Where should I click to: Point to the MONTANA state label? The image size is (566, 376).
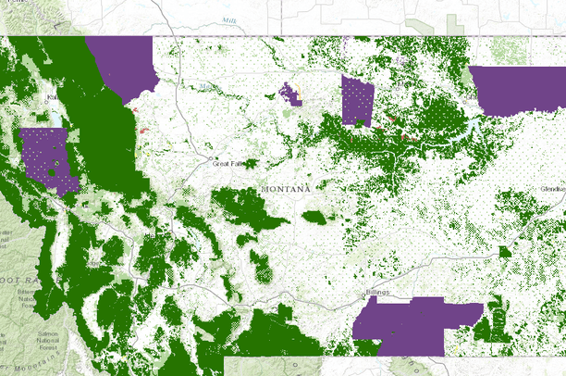tap(286, 188)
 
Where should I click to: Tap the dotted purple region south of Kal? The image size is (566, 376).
tap(48, 156)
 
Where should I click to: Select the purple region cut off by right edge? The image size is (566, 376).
tap(518, 90)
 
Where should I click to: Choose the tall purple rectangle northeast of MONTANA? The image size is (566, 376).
tap(356, 100)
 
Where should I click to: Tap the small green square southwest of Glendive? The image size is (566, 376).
tap(505, 252)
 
